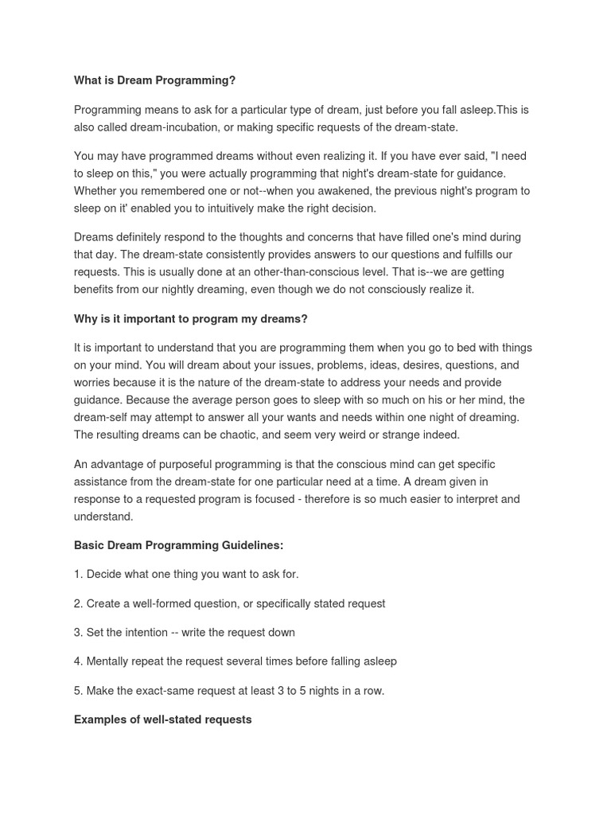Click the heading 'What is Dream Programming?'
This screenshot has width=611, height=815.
(x=154, y=80)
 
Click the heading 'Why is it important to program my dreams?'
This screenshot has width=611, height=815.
(x=190, y=319)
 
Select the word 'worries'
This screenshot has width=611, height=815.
(x=94, y=383)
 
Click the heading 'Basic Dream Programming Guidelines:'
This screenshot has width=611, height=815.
(x=178, y=545)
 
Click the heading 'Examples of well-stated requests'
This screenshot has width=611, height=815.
(x=162, y=719)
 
